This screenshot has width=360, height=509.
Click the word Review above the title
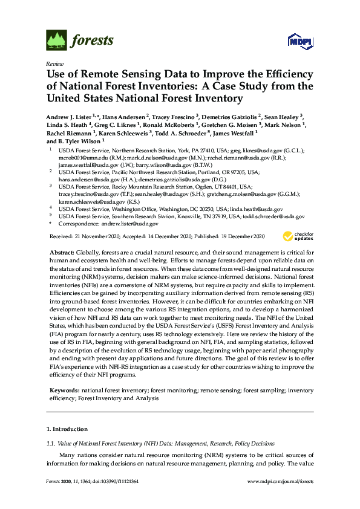pos(53,63)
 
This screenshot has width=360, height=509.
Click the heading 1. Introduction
pos(67,429)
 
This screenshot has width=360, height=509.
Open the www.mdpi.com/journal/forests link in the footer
pos(281,482)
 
